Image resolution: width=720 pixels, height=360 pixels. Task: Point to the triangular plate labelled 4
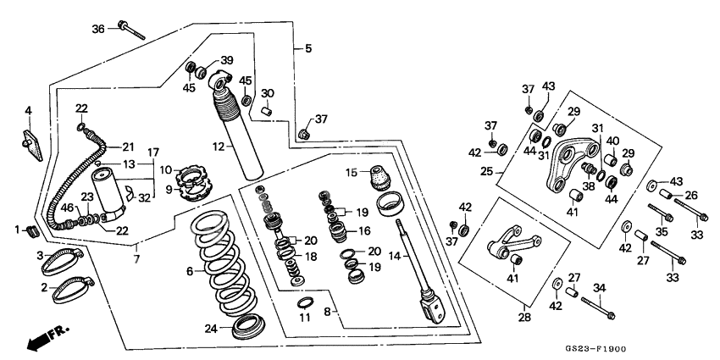pos(32,137)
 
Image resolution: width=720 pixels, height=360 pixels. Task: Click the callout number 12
pos(218,147)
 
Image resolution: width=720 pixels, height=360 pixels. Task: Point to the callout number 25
pos(486,170)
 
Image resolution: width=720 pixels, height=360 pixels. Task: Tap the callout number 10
pos(165,170)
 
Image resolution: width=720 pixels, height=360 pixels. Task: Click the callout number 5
pos(308,49)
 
